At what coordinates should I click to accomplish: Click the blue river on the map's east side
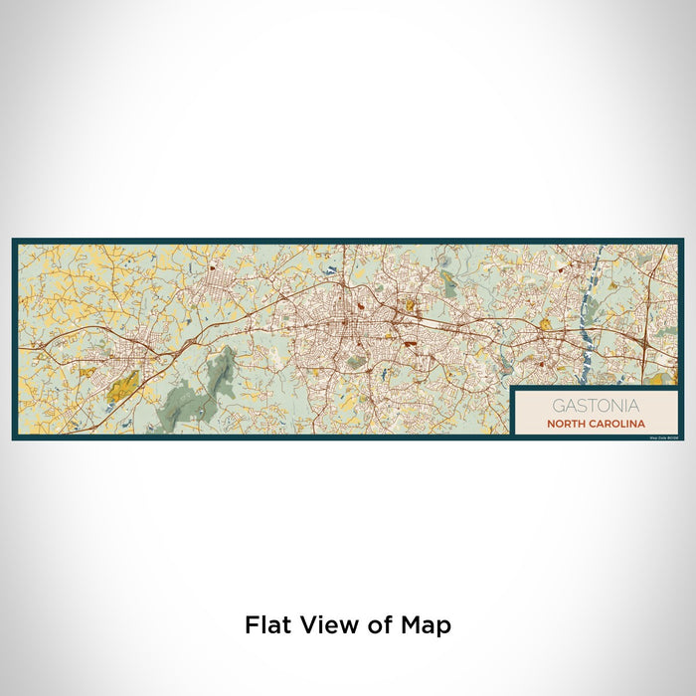pyautogui.click(x=595, y=298)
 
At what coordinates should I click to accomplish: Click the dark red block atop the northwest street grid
pyautogui.click(x=213, y=267)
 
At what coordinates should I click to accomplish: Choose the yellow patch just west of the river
pyautogui.click(x=545, y=324)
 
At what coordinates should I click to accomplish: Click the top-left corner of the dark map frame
pyautogui.click(x=14, y=240)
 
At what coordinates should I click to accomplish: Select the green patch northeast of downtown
pyautogui.click(x=449, y=288)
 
